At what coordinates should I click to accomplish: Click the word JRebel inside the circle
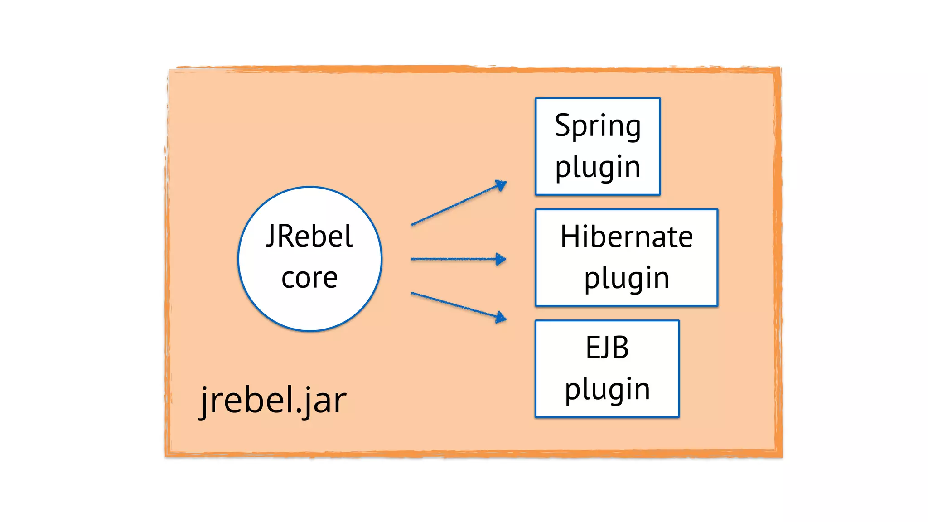click(309, 236)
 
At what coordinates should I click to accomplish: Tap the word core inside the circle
click(309, 278)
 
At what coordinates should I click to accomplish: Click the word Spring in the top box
click(598, 126)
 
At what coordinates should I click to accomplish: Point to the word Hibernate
click(626, 237)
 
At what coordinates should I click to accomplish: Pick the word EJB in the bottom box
click(607, 348)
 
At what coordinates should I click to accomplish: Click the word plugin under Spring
click(598, 167)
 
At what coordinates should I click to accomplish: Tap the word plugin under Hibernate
click(626, 278)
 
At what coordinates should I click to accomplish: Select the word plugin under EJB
click(607, 389)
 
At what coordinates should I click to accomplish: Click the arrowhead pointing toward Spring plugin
click(501, 185)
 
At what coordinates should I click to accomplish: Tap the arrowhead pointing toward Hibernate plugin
click(501, 259)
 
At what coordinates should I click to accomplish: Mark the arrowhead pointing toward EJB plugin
click(501, 317)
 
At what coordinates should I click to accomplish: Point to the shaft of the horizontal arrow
click(453, 259)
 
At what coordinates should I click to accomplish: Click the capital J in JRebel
click(271, 236)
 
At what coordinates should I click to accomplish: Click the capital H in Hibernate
click(570, 237)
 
